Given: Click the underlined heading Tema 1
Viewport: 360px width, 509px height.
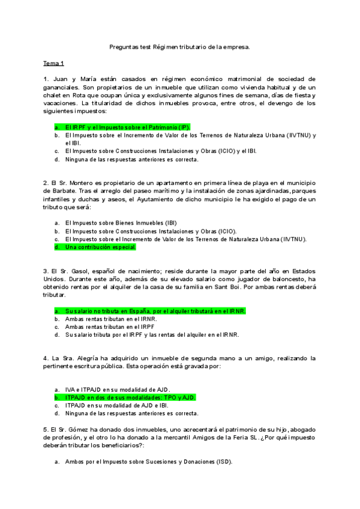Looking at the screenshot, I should [x=54, y=63].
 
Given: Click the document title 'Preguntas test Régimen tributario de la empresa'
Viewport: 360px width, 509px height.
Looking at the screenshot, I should [x=180, y=46].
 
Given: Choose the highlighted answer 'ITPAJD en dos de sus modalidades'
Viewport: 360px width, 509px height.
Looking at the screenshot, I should [x=130, y=397].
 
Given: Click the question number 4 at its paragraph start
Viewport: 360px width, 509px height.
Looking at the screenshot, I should [x=46, y=358].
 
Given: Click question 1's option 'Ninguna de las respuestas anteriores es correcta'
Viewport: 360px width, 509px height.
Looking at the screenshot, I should [x=132, y=160].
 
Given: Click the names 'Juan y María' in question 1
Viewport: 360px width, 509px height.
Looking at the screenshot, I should [x=71, y=79].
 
